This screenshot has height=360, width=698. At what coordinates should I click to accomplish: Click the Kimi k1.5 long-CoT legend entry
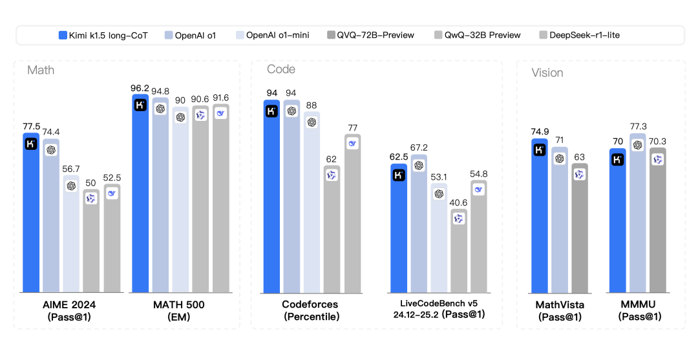(x=103, y=35)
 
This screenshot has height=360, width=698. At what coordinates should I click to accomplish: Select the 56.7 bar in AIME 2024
(x=71, y=233)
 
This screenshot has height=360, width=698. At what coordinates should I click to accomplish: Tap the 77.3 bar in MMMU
(x=639, y=213)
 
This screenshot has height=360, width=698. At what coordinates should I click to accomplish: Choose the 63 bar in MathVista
(x=579, y=226)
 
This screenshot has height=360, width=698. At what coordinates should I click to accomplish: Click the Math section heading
(x=41, y=70)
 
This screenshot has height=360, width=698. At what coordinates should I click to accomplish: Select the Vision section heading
(x=547, y=72)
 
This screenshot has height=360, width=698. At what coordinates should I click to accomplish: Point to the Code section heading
(x=281, y=69)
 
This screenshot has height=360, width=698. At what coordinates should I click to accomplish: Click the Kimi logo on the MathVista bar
(x=539, y=150)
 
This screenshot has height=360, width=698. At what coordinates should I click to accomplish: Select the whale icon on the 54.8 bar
(x=479, y=189)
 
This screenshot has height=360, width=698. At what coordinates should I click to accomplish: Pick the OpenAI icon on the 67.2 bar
(x=419, y=165)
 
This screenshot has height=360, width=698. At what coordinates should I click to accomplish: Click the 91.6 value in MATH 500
(x=220, y=98)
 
